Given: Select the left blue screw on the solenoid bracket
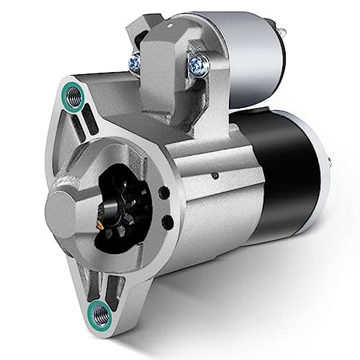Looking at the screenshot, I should pyautogui.click(x=135, y=63).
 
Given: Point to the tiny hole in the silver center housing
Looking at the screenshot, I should pyautogui.click(x=215, y=174).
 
